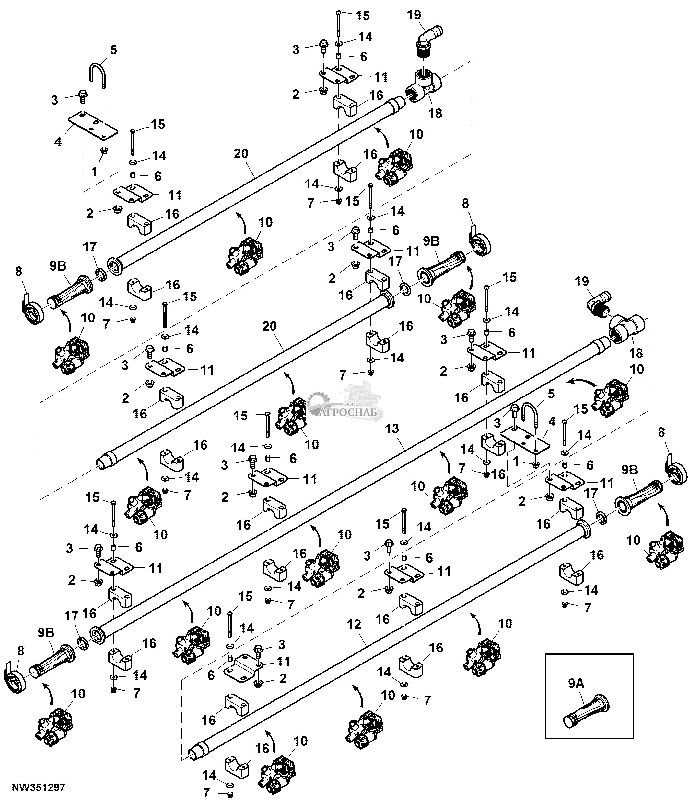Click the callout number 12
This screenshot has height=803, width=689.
(354, 624)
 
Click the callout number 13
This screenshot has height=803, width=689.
(392, 429)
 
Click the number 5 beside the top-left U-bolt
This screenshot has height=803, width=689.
(113, 50)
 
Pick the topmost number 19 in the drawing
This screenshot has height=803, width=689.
(414, 15)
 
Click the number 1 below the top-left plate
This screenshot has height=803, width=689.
(94, 171)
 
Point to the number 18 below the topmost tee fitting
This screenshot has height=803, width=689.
(435, 113)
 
